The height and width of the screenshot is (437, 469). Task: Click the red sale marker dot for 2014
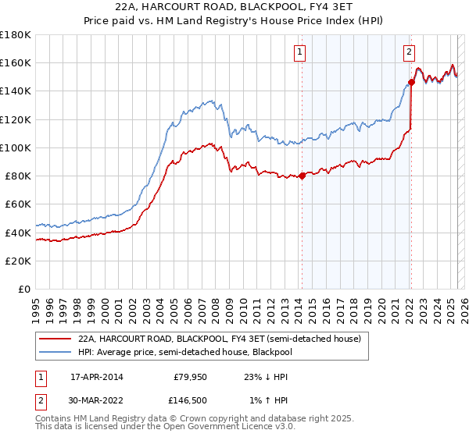tap(302, 176)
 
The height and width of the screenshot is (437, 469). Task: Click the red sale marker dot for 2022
tap(411, 81)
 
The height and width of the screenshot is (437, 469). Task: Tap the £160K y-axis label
tap(16, 62)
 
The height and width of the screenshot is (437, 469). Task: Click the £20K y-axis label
tap(18, 261)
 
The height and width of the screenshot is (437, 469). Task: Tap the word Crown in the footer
tap(206, 419)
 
